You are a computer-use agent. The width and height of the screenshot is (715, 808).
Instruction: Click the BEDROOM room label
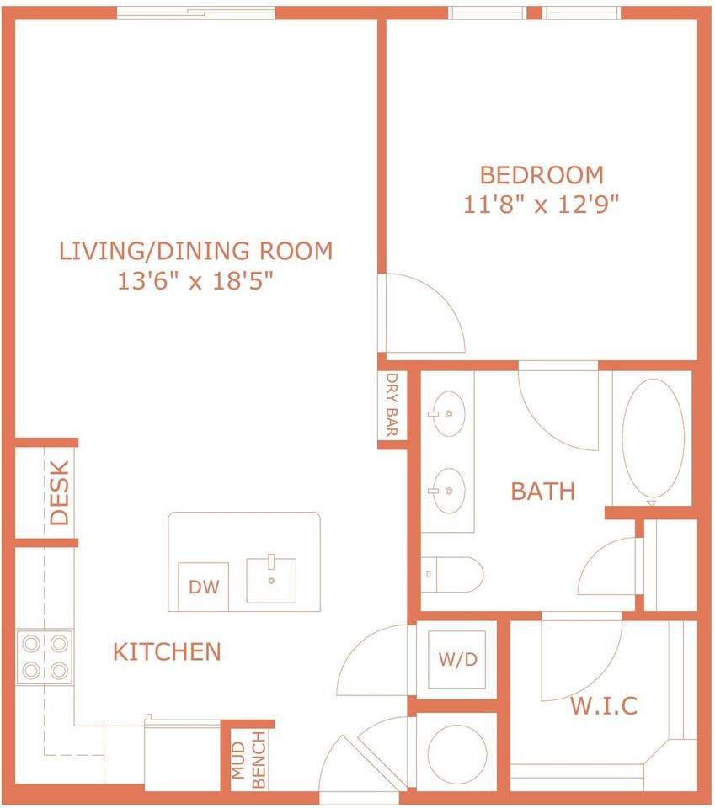click(542, 175)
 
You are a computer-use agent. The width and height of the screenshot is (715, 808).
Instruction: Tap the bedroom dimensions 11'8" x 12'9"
click(541, 205)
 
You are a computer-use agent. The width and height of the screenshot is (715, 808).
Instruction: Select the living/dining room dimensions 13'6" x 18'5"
click(195, 281)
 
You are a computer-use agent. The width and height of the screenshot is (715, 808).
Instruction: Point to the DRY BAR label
click(392, 405)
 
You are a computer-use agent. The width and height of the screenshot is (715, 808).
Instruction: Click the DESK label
click(59, 492)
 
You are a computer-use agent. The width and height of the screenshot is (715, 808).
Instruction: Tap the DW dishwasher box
click(203, 587)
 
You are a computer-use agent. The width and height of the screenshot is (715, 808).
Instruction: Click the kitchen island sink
click(272, 580)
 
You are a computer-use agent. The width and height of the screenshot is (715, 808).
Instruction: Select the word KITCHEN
click(167, 651)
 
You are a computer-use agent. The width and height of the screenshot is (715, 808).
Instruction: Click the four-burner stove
click(45, 657)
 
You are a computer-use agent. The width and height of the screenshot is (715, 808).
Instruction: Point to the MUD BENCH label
click(249, 759)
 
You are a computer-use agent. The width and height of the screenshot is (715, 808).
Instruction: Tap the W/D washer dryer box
click(457, 660)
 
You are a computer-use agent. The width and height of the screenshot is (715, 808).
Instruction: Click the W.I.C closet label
click(604, 705)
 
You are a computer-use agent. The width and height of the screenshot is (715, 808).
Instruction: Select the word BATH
click(543, 492)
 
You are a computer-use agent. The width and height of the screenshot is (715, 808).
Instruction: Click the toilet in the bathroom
click(452, 574)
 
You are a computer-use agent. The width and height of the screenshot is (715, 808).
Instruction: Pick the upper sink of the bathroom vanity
click(448, 414)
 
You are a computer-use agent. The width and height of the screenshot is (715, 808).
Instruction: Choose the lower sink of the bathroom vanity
click(448, 491)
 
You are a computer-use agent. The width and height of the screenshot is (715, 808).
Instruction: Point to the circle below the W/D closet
click(457, 755)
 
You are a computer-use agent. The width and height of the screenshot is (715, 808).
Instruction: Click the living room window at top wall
click(196, 13)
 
